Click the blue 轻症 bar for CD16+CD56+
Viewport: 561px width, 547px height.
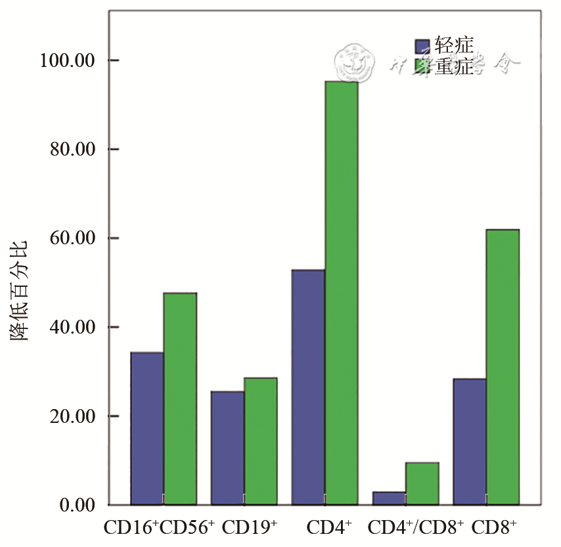(147, 428)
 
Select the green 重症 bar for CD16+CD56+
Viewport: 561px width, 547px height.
(180, 399)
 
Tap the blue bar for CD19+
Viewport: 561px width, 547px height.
(227, 448)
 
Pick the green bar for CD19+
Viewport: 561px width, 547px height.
(261, 441)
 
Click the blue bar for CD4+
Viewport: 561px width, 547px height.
(308, 387)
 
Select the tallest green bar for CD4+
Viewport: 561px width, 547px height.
(342, 293)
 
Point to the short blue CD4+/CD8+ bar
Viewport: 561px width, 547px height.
(389, 498)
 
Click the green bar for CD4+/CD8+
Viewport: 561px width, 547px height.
(422, 484)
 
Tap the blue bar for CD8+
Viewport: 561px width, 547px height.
(470, 442)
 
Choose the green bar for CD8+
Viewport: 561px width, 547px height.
(503, 367)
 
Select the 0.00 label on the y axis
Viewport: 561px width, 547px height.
(78, 506)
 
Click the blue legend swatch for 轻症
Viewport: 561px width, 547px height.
(422, 46)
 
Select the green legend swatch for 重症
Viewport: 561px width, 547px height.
(422, 67)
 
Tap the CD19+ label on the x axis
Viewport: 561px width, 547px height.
(250, 527)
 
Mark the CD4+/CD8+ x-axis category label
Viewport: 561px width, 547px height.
(416, 527)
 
